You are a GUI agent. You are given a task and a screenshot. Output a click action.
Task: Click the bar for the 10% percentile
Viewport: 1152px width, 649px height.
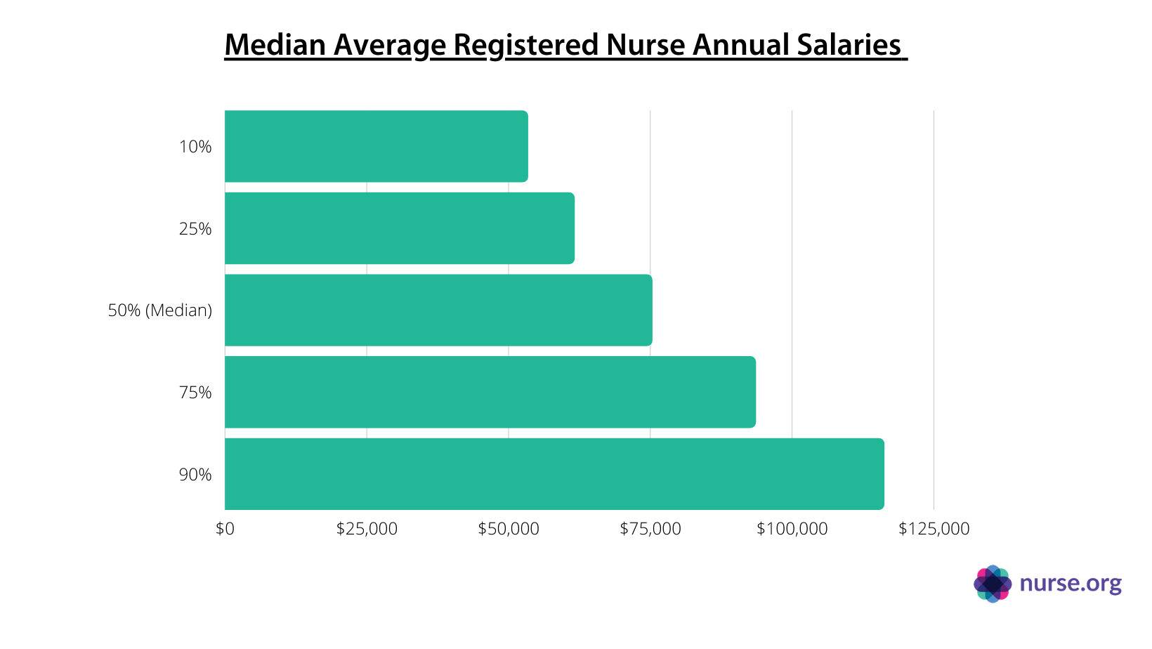tap(376, 146)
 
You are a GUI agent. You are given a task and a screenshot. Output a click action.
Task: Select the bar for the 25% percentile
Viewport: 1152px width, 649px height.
tap(399, 228)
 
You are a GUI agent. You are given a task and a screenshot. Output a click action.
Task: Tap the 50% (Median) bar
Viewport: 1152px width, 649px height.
tap(438, 310)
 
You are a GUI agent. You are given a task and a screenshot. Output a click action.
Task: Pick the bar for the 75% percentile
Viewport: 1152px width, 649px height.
tap(490, 392)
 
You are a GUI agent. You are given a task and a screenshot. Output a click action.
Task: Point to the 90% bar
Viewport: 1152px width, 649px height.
tap(554, 474)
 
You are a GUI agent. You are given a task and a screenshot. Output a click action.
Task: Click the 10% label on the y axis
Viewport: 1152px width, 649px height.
tap(195, 147)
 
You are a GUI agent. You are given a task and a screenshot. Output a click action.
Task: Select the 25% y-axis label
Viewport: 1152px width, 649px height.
tap(195, 229)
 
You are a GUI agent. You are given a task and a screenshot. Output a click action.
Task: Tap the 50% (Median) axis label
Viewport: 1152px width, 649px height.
tap(159, 310)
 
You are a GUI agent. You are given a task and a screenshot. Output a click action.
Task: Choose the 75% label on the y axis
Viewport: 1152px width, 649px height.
tap(195, 393)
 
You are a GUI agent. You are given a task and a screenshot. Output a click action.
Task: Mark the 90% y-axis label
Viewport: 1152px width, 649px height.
tap(195, 475)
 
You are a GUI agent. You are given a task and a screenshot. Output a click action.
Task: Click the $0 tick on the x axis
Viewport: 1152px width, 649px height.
tap(225, 529)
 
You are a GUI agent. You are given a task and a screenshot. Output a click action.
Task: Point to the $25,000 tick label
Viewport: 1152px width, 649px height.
tap(367, 529)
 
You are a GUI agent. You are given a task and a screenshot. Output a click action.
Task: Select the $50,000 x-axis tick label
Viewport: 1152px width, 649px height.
tap(509, 529)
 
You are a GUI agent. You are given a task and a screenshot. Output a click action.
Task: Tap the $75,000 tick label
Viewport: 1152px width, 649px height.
tap(650, 529)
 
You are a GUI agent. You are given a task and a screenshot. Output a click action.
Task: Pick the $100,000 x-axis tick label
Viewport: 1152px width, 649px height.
tap(792, 529)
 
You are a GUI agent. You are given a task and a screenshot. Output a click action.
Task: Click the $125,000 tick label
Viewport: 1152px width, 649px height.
tap(934, 529)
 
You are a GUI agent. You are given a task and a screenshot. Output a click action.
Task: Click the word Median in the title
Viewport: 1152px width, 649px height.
tap(275, 45)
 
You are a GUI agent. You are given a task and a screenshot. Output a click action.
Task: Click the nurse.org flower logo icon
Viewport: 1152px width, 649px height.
tap(993, 584)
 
